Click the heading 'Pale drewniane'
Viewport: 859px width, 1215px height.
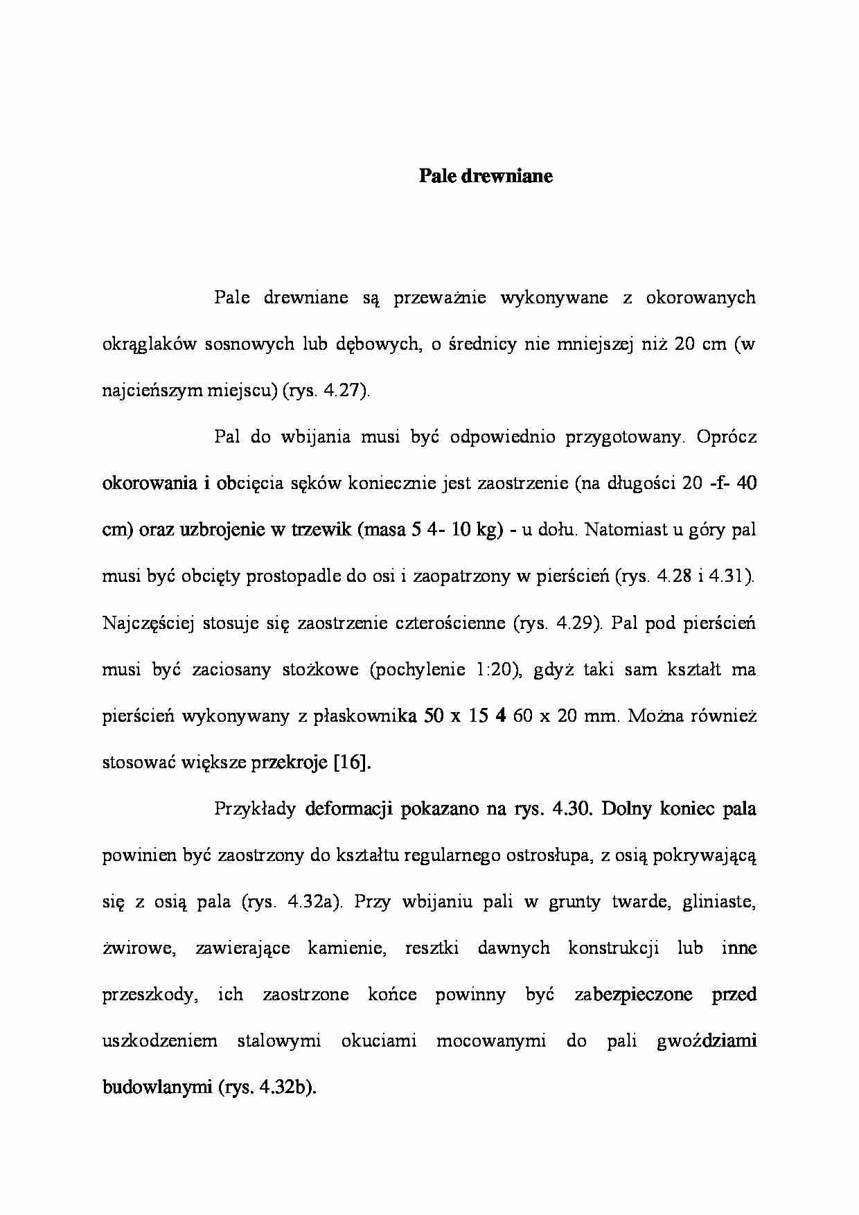(x=486, y=176)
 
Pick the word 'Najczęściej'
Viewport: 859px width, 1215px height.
(x=148, y=623)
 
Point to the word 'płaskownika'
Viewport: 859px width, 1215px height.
(x=366, y=716)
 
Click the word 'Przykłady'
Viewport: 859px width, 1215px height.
(x=256, y=809)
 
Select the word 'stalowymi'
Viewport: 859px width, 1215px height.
(x=279, y=1041)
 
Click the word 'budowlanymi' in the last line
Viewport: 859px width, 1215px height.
(x=157, y=1088)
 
